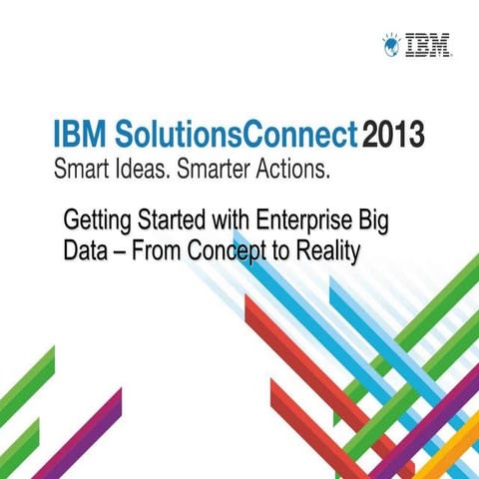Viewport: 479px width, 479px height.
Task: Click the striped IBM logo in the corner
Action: coord(429,43)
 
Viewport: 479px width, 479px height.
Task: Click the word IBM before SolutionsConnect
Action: coord(80,133)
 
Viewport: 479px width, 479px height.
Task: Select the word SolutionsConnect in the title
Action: coord(232,133)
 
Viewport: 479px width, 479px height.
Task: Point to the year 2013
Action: coord(394,133)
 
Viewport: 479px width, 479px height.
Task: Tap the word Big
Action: coord(371,221)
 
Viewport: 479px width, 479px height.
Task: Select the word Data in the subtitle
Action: coord(83,251)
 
